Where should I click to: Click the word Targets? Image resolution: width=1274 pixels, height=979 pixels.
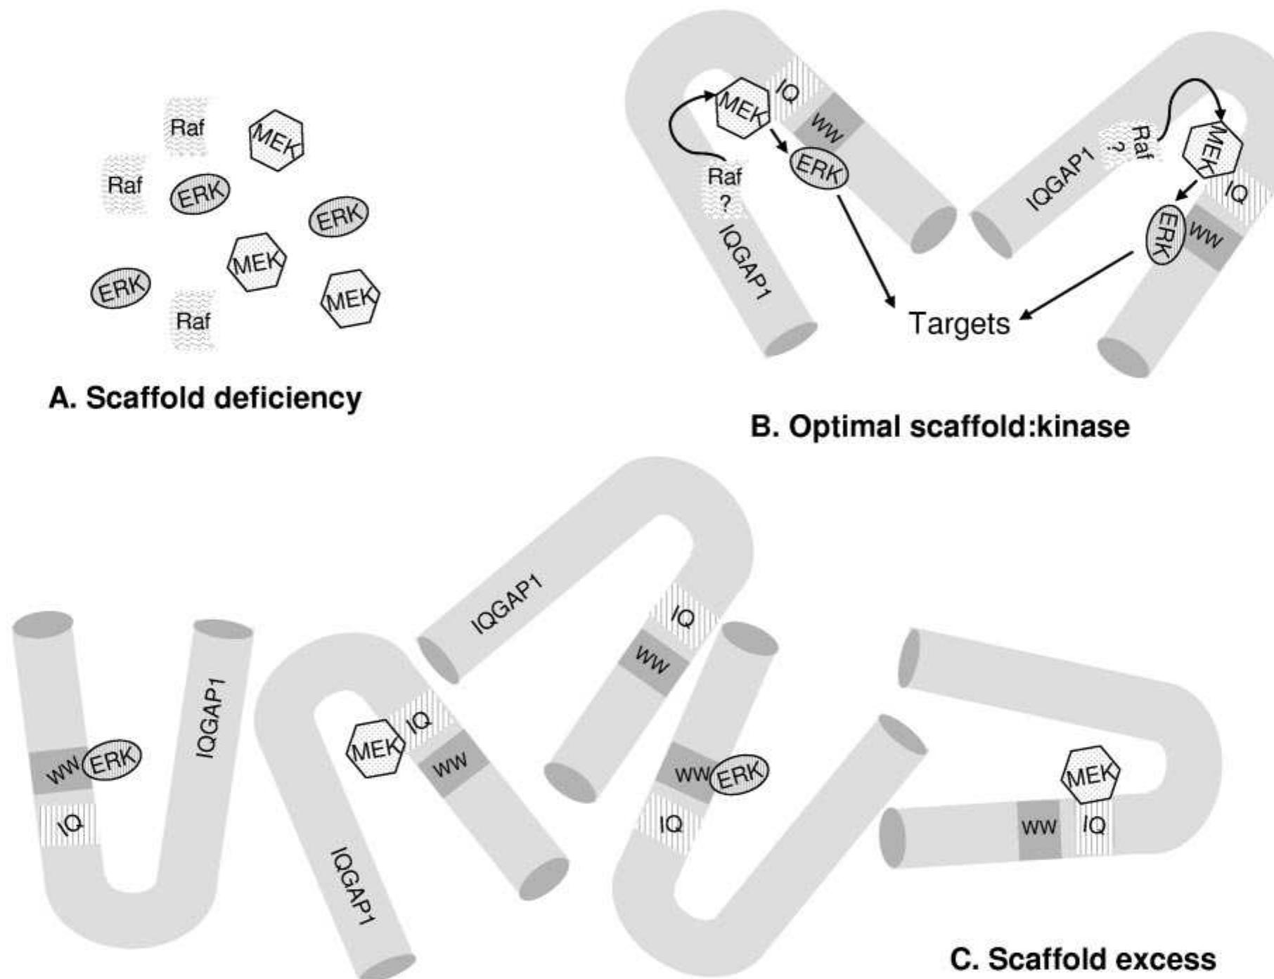tap(959, 324)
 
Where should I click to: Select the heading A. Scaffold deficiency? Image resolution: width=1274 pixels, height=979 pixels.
tap(205, 398)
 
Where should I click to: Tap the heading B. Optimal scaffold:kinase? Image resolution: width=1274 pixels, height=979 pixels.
tap(940, 427)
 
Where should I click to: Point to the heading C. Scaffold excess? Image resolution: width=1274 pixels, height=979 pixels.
tap(1083, 959)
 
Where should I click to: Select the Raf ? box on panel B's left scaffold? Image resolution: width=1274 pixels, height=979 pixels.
tap(725, 190)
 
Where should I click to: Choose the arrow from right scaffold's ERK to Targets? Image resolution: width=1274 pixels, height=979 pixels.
tap(1076, 285)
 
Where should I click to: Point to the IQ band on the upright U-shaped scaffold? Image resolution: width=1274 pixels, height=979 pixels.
tap(68, 824)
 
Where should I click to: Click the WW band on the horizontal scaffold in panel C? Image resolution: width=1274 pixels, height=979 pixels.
tap(1039, 828)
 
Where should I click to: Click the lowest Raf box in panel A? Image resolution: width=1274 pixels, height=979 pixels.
tap(193, 321)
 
